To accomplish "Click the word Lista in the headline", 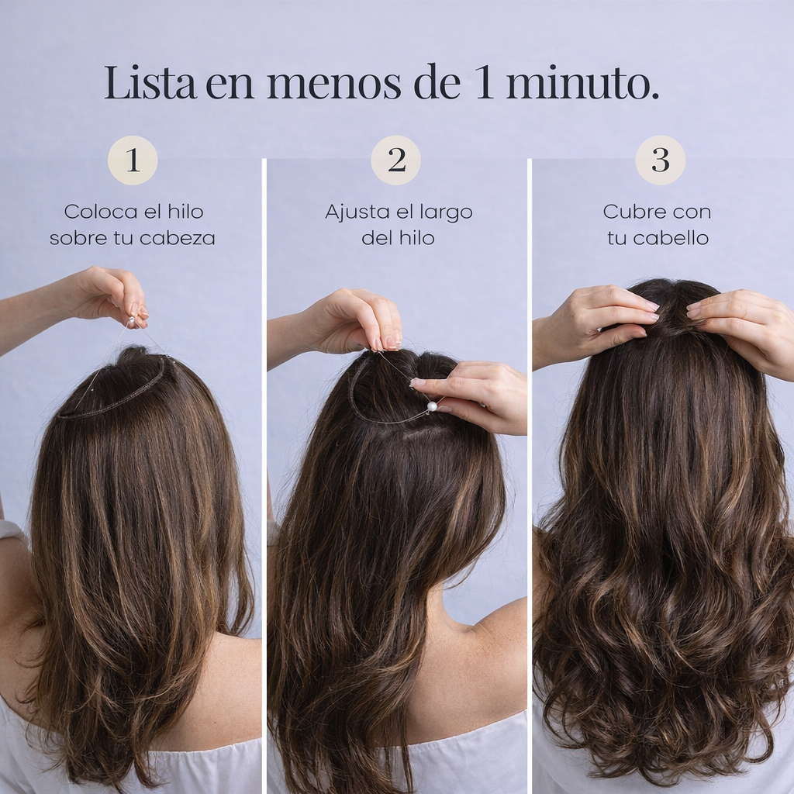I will pyautogui.click(x=150, y=84).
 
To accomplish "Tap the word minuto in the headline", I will pyautogui.click(x=582, y=84).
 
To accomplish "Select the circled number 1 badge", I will pyautogui.click(x=133, y=160).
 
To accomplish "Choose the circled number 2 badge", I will pyautogui.click(x=396, y=160).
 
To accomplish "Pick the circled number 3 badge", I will pyautogui.click(x=660, y=160).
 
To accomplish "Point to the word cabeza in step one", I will pyautogui.click(x=178, y=238).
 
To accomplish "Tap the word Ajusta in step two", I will pyautogui.click(x=353, y=212).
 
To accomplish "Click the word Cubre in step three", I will pyautogui.click(x=627, y=212).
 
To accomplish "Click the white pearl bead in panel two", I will pyautogui.click(x=432, y=406).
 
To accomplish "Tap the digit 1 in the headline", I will pyautogui.click(x=485, y=84).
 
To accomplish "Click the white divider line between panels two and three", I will pyautogui.click(x=530, y=465).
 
